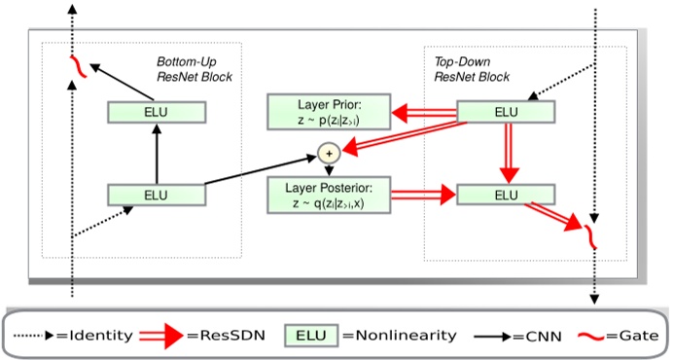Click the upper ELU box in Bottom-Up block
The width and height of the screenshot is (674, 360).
pos(157,113)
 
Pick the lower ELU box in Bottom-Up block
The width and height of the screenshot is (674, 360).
pos(157,195)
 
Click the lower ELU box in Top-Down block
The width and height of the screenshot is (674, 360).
pos(506,195)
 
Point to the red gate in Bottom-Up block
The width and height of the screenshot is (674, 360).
pos(73,67)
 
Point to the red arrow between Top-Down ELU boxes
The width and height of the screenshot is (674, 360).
pos(506,154)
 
